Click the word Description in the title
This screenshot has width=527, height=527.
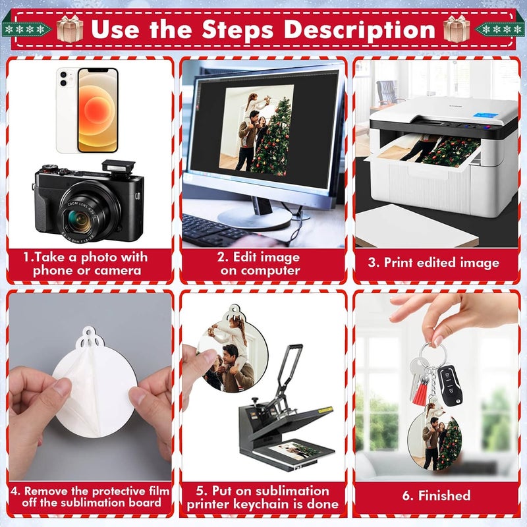[x=360, y=30]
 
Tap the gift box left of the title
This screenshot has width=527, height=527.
[x=70, y=29]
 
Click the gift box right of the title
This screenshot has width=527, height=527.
[x=457, y=29]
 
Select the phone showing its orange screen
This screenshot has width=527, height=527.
[x=97, y=110]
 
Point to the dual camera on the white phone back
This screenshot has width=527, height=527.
[x=63, y=79]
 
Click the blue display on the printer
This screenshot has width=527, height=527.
[x=484, y=115]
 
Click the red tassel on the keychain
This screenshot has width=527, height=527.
[x=420, y=391]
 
